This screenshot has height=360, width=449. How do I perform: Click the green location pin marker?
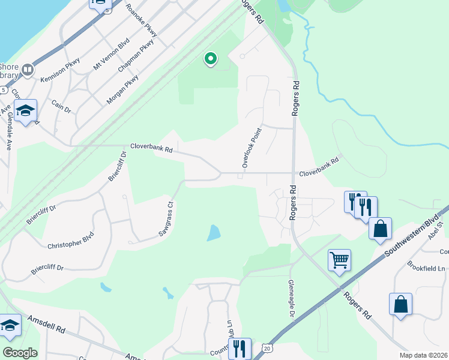[x=211, y=59]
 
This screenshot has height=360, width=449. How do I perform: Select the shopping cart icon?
[x=339, y=260]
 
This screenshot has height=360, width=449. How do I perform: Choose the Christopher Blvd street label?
[x=70, y=240]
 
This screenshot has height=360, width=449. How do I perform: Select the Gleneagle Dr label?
[x=291, y=299]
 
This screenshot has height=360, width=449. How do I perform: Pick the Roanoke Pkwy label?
[x=142, y=21]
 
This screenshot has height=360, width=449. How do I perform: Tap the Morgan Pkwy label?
[x=123, y=89]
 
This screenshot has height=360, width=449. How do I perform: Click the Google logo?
[x=20, y=353]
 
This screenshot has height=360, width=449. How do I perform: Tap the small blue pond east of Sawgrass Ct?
[x=213, y=233]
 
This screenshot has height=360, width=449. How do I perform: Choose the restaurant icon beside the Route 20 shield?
[x=240, y=348]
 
